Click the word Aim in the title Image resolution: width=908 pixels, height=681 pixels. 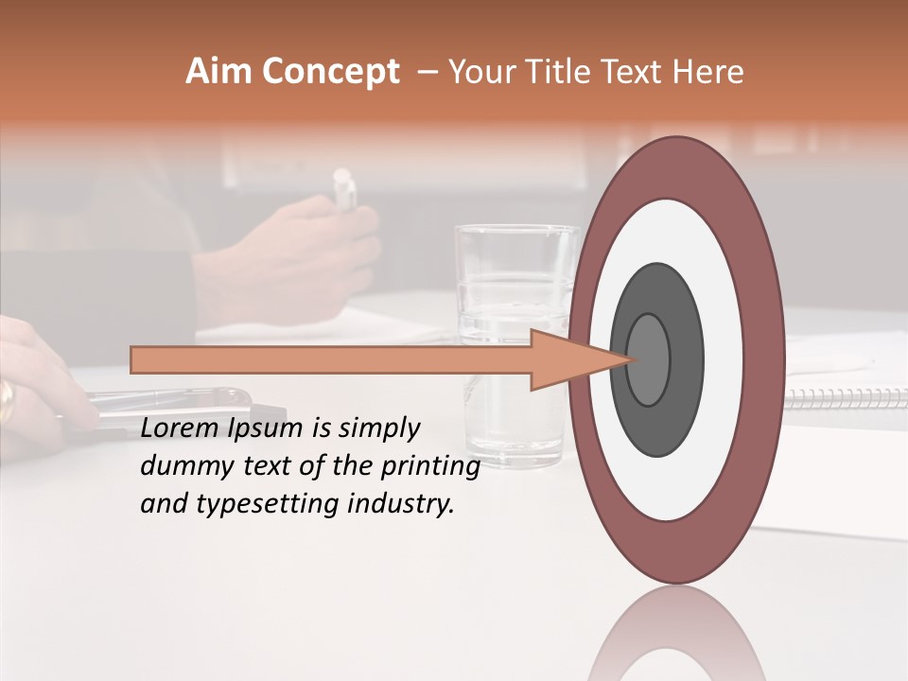218,72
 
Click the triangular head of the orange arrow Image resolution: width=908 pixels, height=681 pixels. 577,359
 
